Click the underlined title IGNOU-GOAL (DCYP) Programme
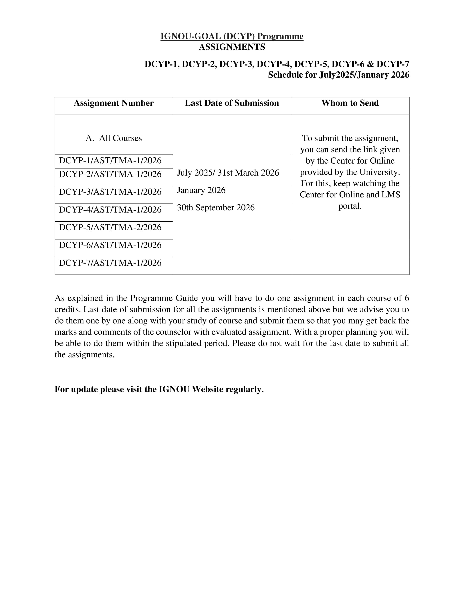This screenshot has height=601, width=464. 232,36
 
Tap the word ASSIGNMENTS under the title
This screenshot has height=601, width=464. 232,47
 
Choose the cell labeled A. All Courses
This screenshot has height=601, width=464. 114,138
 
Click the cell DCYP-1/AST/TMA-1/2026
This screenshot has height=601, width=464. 110,161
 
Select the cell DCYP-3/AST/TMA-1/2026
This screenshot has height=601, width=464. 110,192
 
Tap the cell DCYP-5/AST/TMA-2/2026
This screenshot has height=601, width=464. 110,227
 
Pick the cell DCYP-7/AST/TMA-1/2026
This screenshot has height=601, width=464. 110,263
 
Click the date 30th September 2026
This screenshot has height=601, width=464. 216,207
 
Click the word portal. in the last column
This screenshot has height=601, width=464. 350,206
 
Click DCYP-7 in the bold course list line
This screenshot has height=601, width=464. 393,64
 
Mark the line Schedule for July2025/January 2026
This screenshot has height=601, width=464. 338,75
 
